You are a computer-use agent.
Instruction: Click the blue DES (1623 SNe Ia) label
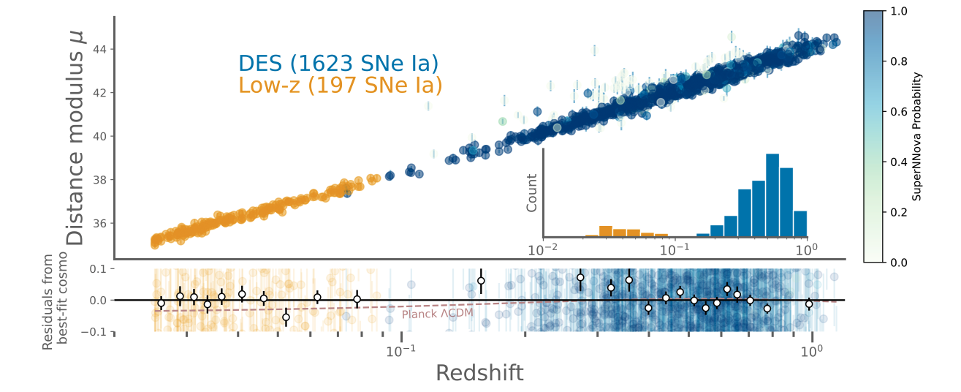tap(338, 63)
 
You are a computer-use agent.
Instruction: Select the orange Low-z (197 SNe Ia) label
tap(341, 85)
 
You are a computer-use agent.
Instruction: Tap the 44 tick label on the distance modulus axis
tap(99, 50)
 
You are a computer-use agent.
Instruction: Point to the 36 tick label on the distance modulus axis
tap(99, 223)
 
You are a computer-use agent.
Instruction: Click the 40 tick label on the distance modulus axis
tap(99, 137)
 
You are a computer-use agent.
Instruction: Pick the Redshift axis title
tap(479, 373)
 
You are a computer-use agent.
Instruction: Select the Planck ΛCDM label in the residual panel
tap(438, 314)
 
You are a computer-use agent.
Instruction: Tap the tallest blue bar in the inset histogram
tap(772, 195)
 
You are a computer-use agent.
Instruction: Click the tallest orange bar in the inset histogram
tap(605, 231)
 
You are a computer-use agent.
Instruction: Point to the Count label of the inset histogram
tap(531, 193)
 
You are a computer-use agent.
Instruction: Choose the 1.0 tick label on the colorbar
tap(899, 11)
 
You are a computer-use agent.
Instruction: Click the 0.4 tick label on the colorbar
tap(899, 162)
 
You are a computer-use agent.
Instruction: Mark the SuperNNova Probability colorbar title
tap(916, 137)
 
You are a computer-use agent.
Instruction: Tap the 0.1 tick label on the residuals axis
tap(98, 269)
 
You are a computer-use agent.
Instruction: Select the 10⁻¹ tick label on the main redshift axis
tap(400, 352)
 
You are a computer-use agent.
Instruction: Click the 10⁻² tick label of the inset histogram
tap(542, 250)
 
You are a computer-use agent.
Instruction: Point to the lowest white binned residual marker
tap(286, 317)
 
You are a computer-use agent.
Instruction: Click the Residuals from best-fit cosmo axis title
tap(55, 301)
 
